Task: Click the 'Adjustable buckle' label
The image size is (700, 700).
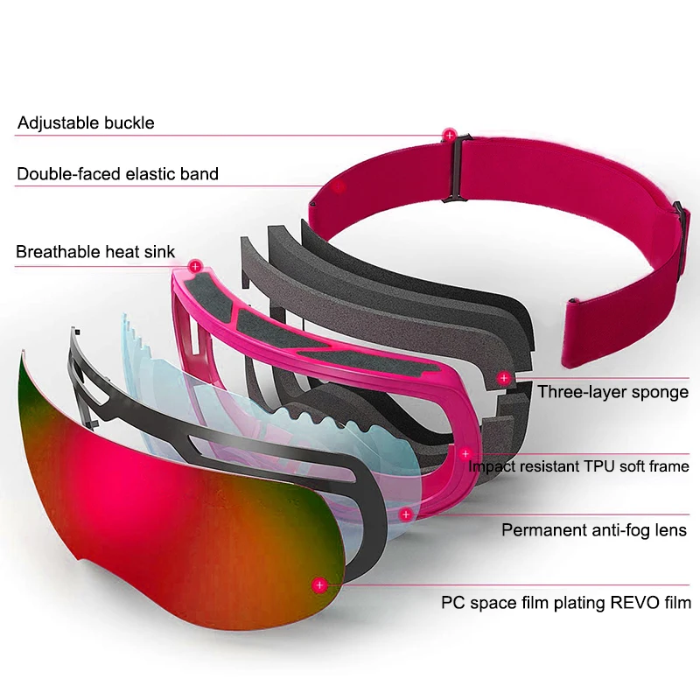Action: (86, 122)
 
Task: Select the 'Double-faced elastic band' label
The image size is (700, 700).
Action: (118, 174)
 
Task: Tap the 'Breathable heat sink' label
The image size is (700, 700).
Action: (95, 252)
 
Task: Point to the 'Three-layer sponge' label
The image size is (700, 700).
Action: (612, 391)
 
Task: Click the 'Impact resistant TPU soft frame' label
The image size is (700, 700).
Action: (578, 465)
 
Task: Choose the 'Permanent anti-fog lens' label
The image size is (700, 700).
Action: (594, 529)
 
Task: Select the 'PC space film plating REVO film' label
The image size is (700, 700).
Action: (566, 602)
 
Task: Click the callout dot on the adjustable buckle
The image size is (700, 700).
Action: (450, 135)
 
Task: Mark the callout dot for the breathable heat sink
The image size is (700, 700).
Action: (194, 264)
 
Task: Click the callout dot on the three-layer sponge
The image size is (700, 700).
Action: (504, 378)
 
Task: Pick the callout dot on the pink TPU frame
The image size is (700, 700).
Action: (465, 453)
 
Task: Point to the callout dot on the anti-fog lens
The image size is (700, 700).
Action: (406, 515)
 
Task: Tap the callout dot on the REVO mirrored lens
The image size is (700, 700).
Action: (319, 584)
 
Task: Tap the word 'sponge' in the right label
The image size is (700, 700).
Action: (661, 392)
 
